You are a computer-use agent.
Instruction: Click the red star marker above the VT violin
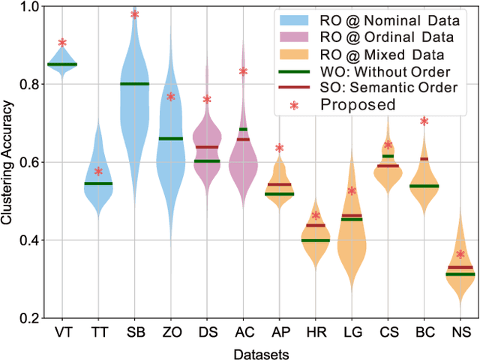pos(62,43)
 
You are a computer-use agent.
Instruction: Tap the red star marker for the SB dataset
pos(135,14)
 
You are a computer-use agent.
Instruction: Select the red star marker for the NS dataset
pos(460,254)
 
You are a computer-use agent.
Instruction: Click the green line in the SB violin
pos(135,84)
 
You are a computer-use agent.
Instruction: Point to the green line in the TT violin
pos(98,184)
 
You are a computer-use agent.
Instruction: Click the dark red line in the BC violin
pos(424,159)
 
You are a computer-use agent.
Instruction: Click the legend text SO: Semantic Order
pos(391,88)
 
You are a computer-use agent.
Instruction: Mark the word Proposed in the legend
pos(358,105)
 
